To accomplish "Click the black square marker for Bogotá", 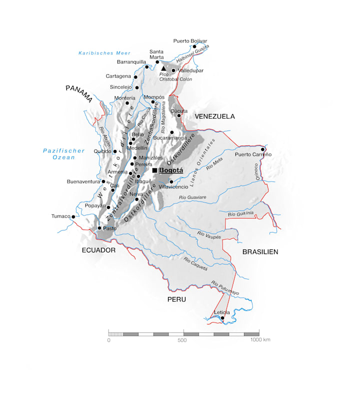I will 154,170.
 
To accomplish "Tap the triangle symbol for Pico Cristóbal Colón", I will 163,68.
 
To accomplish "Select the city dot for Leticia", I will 222,317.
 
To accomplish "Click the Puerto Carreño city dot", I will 262,149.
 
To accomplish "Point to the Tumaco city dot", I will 73,216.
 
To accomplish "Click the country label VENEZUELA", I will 214,116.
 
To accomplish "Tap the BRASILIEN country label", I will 260,251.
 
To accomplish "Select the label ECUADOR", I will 98,250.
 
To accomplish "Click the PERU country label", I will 177,299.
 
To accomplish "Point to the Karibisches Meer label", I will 104,53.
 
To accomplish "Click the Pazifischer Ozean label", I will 59,154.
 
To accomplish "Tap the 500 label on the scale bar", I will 181,340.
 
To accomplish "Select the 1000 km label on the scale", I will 260,340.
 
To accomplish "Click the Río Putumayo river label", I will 225,287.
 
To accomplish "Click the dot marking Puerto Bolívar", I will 194,46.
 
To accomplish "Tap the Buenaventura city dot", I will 103,181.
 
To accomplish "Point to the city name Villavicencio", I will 173,186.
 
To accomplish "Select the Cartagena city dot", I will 135,76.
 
